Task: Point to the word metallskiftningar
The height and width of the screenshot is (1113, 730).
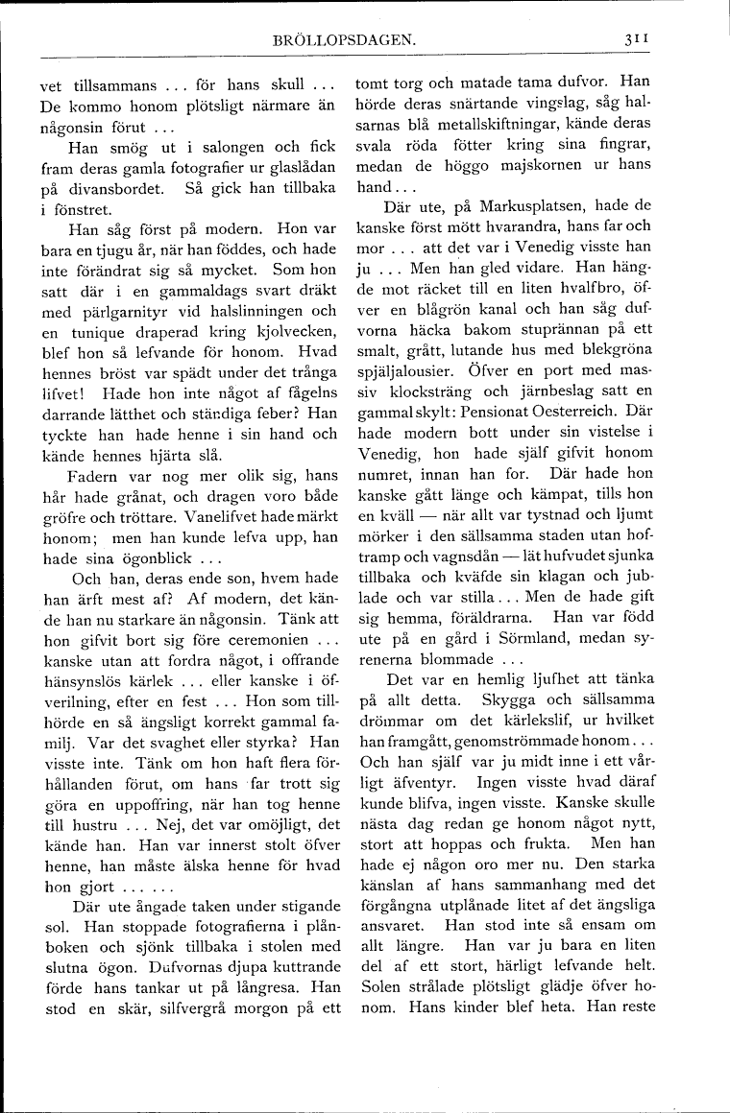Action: coord(481,125)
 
